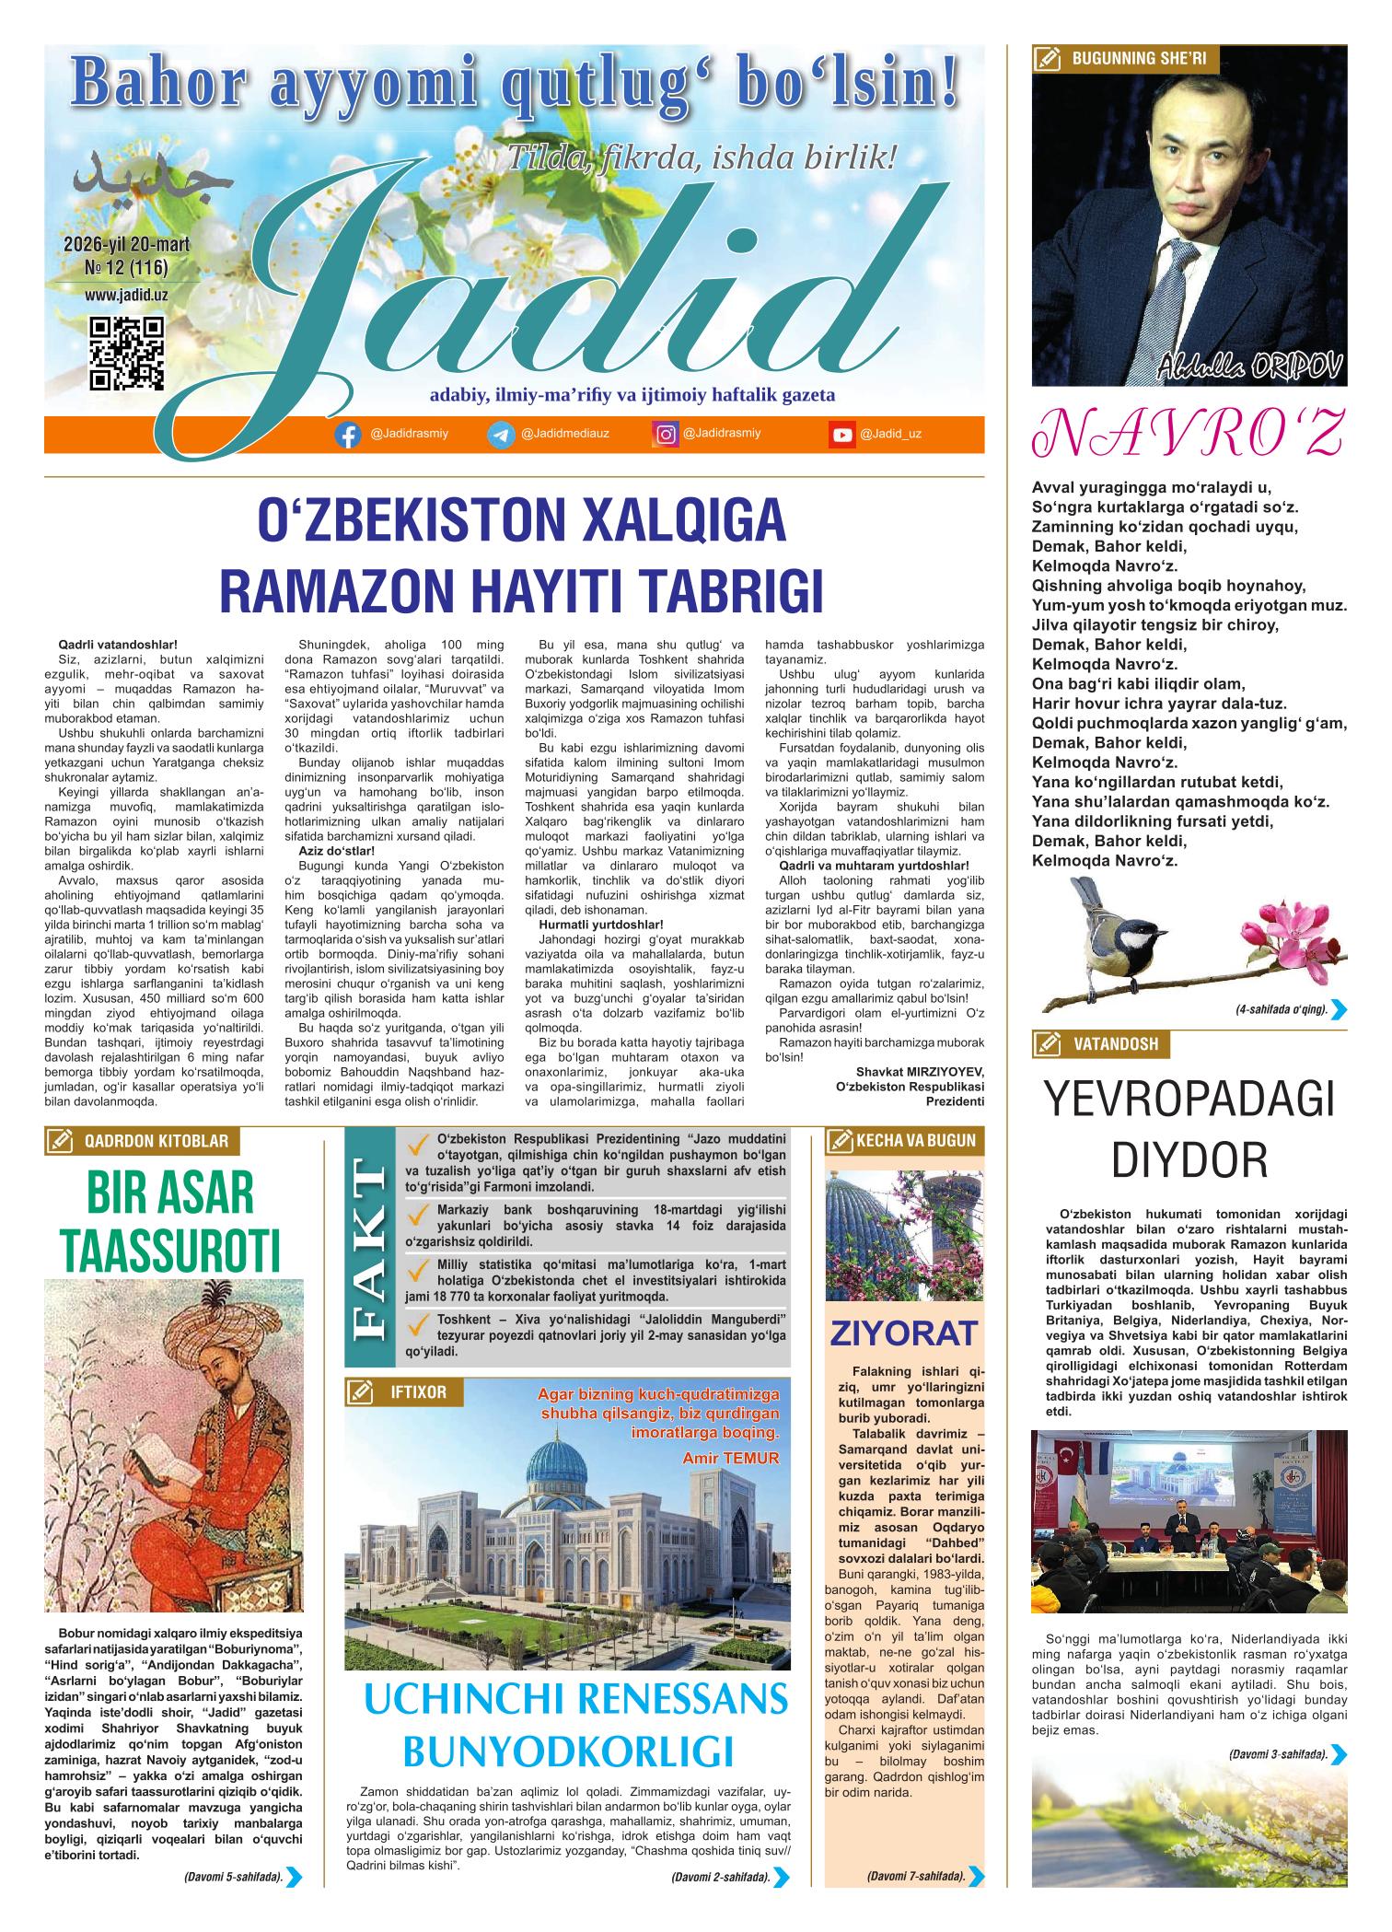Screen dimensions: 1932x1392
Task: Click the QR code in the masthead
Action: pyautogui.click(x=129, y=354)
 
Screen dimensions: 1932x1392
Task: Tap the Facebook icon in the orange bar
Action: pyautogui.click(x=347, y=436)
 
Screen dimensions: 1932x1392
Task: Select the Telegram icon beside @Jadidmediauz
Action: pyautogui.click(x=501, y=436)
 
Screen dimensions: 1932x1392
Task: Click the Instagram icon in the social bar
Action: pyautogui.click(x=665, y=435)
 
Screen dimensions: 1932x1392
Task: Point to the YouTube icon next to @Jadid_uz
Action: pyautogui.click(x=841, y=436)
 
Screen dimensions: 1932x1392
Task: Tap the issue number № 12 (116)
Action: pyautogui.click(x=126, y=267)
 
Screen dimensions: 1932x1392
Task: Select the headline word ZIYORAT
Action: pyautogui.click(x=903, y=1333)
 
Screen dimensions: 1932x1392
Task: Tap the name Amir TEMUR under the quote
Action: pyautogui.click(x=732, y=1457)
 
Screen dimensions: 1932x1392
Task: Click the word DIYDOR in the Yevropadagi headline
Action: pyautogui.click(x=1189, y=1160)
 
